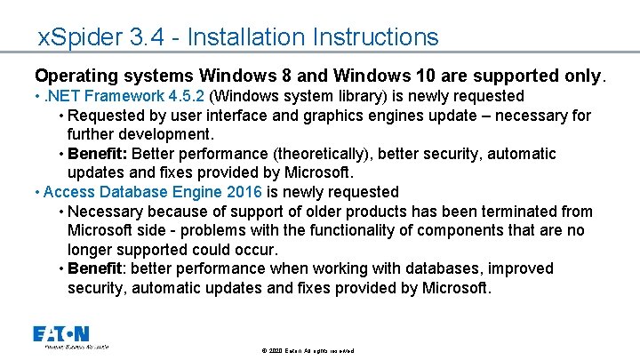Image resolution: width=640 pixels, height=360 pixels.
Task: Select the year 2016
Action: [x=243, y=192]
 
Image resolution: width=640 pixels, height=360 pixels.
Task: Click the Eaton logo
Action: [x=61, y=335]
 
